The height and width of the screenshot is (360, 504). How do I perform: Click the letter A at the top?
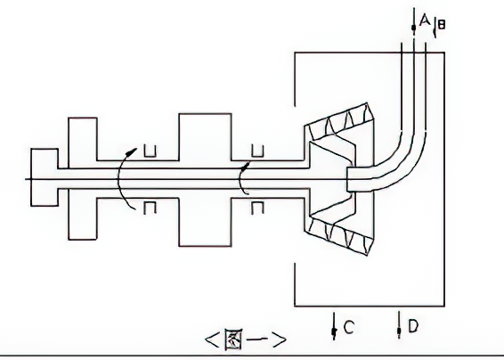coord(425,20)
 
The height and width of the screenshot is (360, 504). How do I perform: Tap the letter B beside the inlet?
coord(442,25)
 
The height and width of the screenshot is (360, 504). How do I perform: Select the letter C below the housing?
coord(349,328)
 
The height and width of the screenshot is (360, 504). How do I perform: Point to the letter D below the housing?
coord(413,326)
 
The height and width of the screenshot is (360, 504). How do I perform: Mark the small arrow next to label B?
coord(435,29)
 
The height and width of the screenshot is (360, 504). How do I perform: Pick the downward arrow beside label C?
coord(334,326)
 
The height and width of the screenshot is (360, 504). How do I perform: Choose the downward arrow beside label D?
coord(399,325)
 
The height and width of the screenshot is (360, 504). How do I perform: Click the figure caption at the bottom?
coord(245,340)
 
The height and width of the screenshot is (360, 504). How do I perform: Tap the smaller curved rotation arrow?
coord(240,178)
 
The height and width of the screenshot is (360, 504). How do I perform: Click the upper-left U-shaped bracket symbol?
coord(150,151)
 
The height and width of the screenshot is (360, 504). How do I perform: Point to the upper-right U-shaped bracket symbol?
coord(257,151)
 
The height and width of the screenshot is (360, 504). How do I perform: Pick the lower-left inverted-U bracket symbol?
coord(150,208)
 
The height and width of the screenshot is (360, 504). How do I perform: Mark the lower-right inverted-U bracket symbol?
coord(257,208)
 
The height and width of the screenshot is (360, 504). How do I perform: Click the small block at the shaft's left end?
coord(45,177)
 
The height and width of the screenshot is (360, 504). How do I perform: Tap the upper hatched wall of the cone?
coord(339,121)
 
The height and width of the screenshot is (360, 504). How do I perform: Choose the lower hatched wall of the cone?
coord(339,235)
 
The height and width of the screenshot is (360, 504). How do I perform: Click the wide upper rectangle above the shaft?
coord(205,136)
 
